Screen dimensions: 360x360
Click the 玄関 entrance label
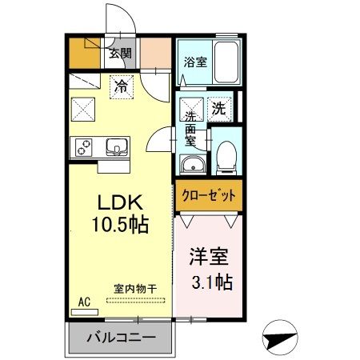click(x=122, y=54)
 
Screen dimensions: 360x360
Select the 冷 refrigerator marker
click(x=120, y=82)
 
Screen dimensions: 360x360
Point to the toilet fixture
click(x=226, y=156)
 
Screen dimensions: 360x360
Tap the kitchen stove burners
click(x=84, y=147)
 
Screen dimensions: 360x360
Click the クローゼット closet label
click(x=207, y=194)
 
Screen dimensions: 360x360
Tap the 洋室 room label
click(x=209, y=258)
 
